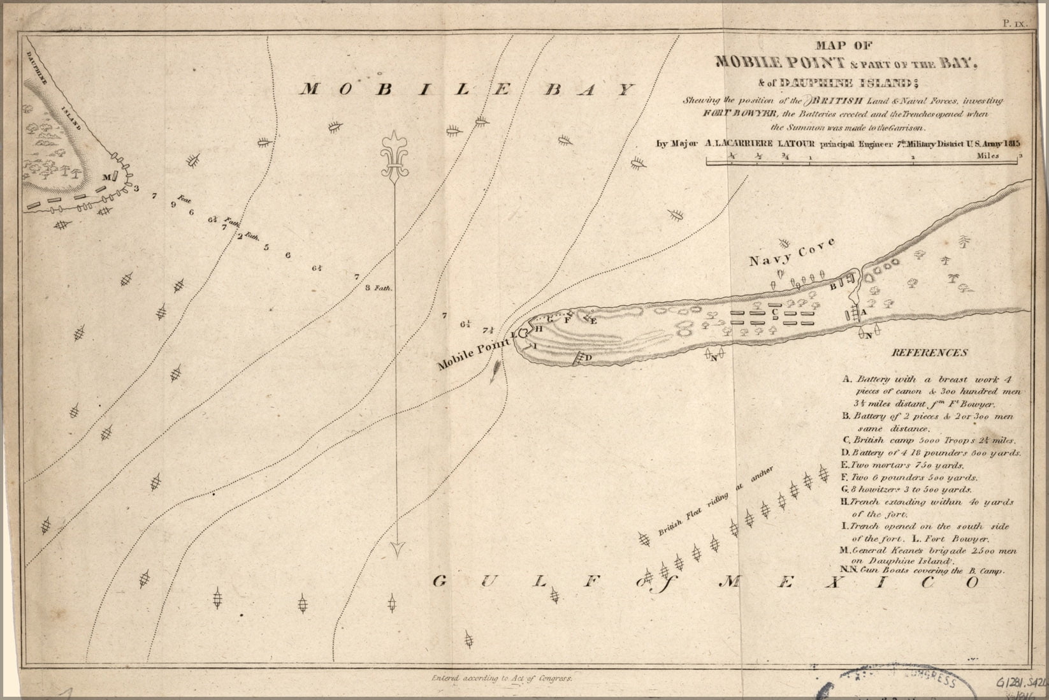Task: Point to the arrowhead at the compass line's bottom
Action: pos(399,548)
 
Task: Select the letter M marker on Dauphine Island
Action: pos(106,176)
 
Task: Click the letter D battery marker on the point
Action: pos(588,358)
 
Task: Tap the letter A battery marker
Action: pos(862,312)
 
